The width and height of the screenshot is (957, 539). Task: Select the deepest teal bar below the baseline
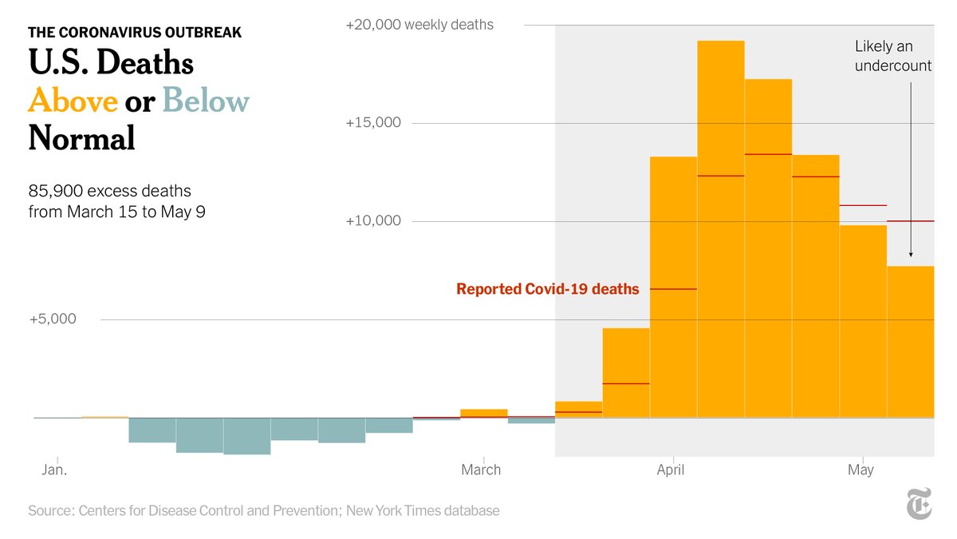point(246,436)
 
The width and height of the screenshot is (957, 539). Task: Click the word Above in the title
point(73,101)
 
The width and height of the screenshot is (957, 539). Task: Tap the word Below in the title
point(206,101)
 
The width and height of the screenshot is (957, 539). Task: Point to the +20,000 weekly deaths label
point(419,25)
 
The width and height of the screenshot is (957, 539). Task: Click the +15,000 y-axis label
point(373,123)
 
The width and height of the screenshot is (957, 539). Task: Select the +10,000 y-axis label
point(373,221)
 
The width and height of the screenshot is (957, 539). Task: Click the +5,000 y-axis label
point(53,319)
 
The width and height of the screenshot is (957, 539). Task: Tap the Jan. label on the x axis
point(54,470)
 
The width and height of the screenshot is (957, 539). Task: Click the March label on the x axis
point(481,470)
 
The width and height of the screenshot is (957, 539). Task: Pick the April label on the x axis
point(671,470)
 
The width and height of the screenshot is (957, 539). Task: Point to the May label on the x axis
point(861,470)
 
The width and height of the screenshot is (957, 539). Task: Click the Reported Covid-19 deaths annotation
point(547,289)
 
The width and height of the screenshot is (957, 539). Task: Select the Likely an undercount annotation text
point(892,57)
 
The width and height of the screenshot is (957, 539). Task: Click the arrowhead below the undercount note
point(911,254)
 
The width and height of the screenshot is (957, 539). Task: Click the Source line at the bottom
point(264,510)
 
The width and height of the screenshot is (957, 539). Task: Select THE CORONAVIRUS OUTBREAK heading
point(135,33)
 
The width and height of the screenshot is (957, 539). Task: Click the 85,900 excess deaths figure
point(110,192)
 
